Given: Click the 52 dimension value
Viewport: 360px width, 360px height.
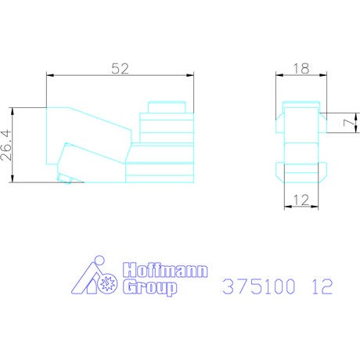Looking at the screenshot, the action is click(x=120, y=69).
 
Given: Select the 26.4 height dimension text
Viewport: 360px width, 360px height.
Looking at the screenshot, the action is click(x=6, y=145).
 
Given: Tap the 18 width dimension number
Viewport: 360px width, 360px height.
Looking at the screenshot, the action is click(x=301, y=69).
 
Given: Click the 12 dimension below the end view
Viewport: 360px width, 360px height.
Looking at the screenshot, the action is click(x=301, y=200).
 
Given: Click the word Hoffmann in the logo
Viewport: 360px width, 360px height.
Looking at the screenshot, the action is click(x=165, y=271).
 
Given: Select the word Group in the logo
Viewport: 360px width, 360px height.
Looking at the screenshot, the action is click(x=149, y=287).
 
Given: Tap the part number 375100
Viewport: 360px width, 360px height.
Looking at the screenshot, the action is click(x=259, y=286).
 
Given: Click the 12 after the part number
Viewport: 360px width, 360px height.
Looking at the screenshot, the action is click(x=322, y=286).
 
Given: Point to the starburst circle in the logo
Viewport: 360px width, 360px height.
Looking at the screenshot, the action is click(x=108, y=283).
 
